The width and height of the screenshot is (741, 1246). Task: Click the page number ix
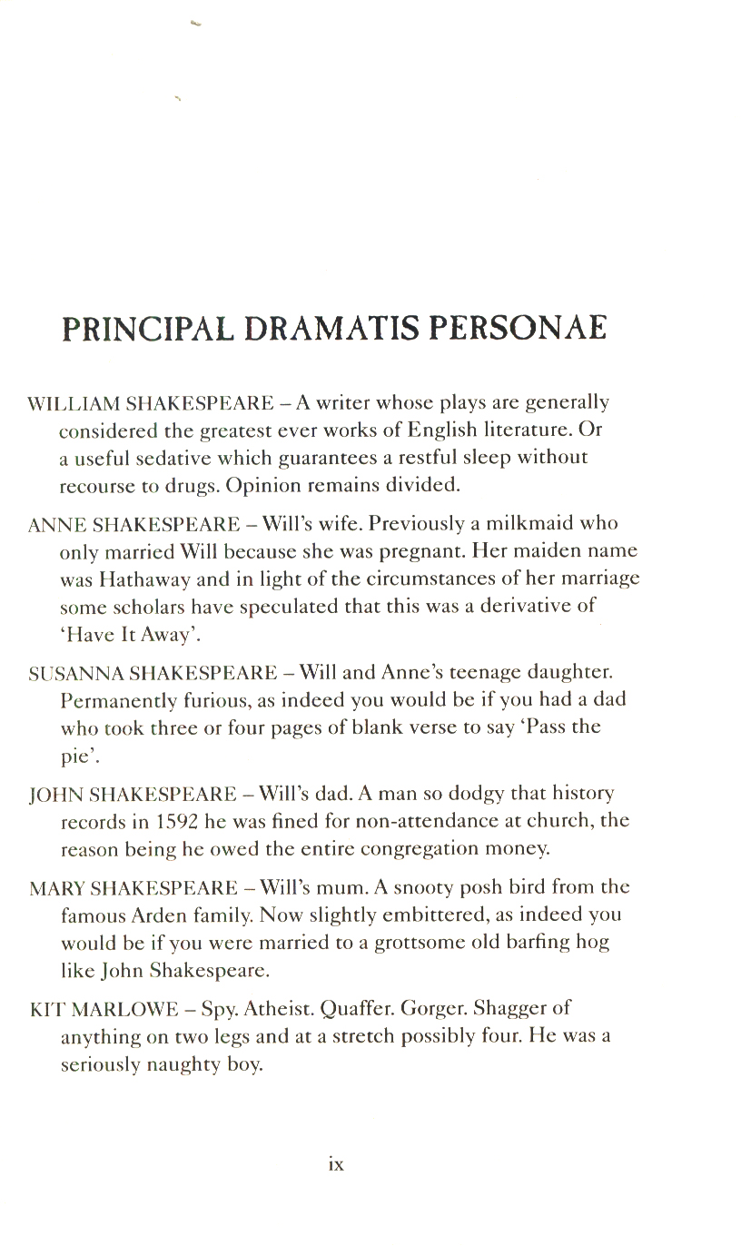336,1163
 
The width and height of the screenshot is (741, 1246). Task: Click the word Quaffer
358,1008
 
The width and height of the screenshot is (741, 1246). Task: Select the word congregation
428,849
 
